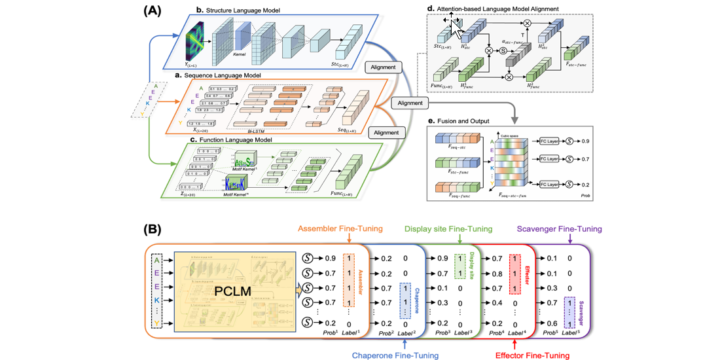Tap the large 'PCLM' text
tap(233, 289)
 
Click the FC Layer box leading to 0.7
tap(550, 158)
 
